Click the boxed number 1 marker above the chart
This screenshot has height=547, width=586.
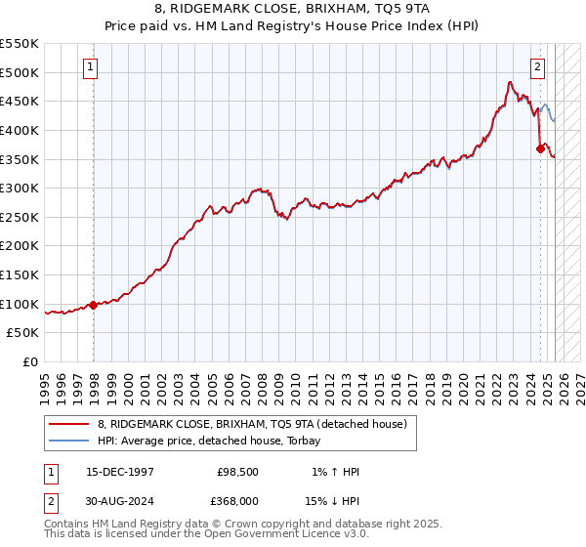point(90,67)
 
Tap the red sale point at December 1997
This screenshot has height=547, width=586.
point(94,305)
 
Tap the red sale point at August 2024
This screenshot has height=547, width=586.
point(540,148)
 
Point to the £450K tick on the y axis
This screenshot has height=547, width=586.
point(20,101)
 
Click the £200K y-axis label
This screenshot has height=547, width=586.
point(20,246)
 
